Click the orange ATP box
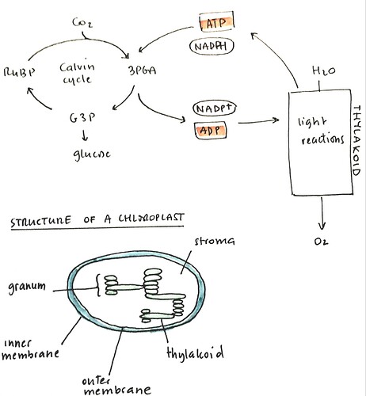(216, 21)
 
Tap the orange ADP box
(211, 130)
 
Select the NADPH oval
(212, 46)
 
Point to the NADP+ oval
(214, 109)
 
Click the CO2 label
(82, 23)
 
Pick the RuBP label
(19, 72)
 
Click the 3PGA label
(142, 70)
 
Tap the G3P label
(82, 118)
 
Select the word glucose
(92, 154)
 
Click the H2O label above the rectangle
(324, 70)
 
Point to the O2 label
(321, 242)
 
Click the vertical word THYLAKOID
(356, 140)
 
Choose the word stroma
(215, 241)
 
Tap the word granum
(27, 287)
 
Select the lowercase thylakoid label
(195, 352)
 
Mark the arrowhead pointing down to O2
(322, 227)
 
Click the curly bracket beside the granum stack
(97, 285)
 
